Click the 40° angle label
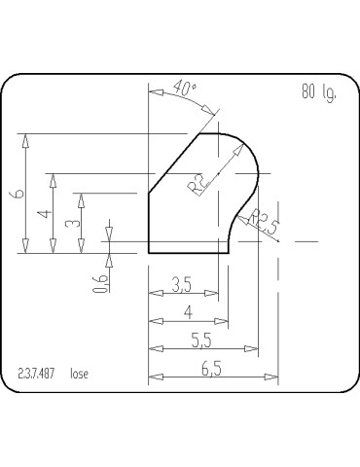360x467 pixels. tap(184, 89)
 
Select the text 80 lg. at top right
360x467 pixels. tap(320, 94)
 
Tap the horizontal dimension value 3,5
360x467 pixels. tap(181, 285)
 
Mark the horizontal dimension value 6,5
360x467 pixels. tap(208, 368)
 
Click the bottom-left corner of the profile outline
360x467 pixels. tap(149, 252)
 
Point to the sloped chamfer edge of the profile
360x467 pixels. tap(175, 163)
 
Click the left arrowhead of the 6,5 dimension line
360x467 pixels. tap(153, 377)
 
